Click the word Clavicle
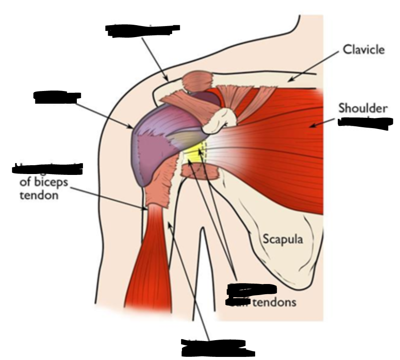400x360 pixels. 363,49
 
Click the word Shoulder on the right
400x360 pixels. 363,108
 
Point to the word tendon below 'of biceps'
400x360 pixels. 39,195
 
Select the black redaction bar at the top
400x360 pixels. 142,29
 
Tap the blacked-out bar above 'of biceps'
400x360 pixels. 49,168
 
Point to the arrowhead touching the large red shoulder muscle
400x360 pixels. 311,126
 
